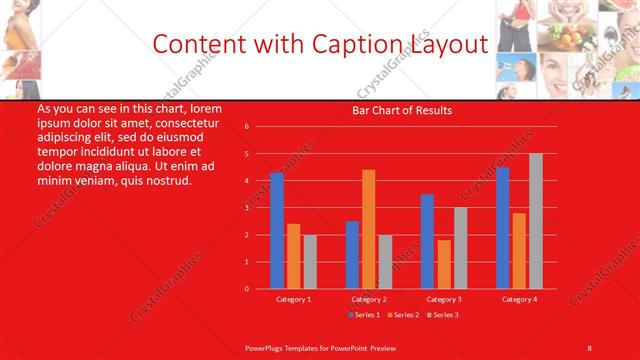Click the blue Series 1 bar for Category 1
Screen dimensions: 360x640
click(277, 231)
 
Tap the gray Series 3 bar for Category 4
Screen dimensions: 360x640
click(536, 221)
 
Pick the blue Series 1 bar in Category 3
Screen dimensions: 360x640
click(427, 241)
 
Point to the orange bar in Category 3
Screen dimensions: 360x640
click(443, 264)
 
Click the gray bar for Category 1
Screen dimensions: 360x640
click(310, 261)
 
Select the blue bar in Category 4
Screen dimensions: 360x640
click(502, 228)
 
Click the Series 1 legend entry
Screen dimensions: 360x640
click(364, 315)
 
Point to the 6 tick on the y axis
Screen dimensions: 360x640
click(246, 127)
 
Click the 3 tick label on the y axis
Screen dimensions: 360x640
click(246, 208)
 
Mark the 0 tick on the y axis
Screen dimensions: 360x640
click(246, 289)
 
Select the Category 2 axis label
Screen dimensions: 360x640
click(368, 299)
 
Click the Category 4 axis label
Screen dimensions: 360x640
click(519, 299)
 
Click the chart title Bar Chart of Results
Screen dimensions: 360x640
click(402, 110)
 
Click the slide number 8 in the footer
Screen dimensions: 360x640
click(589, 347)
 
